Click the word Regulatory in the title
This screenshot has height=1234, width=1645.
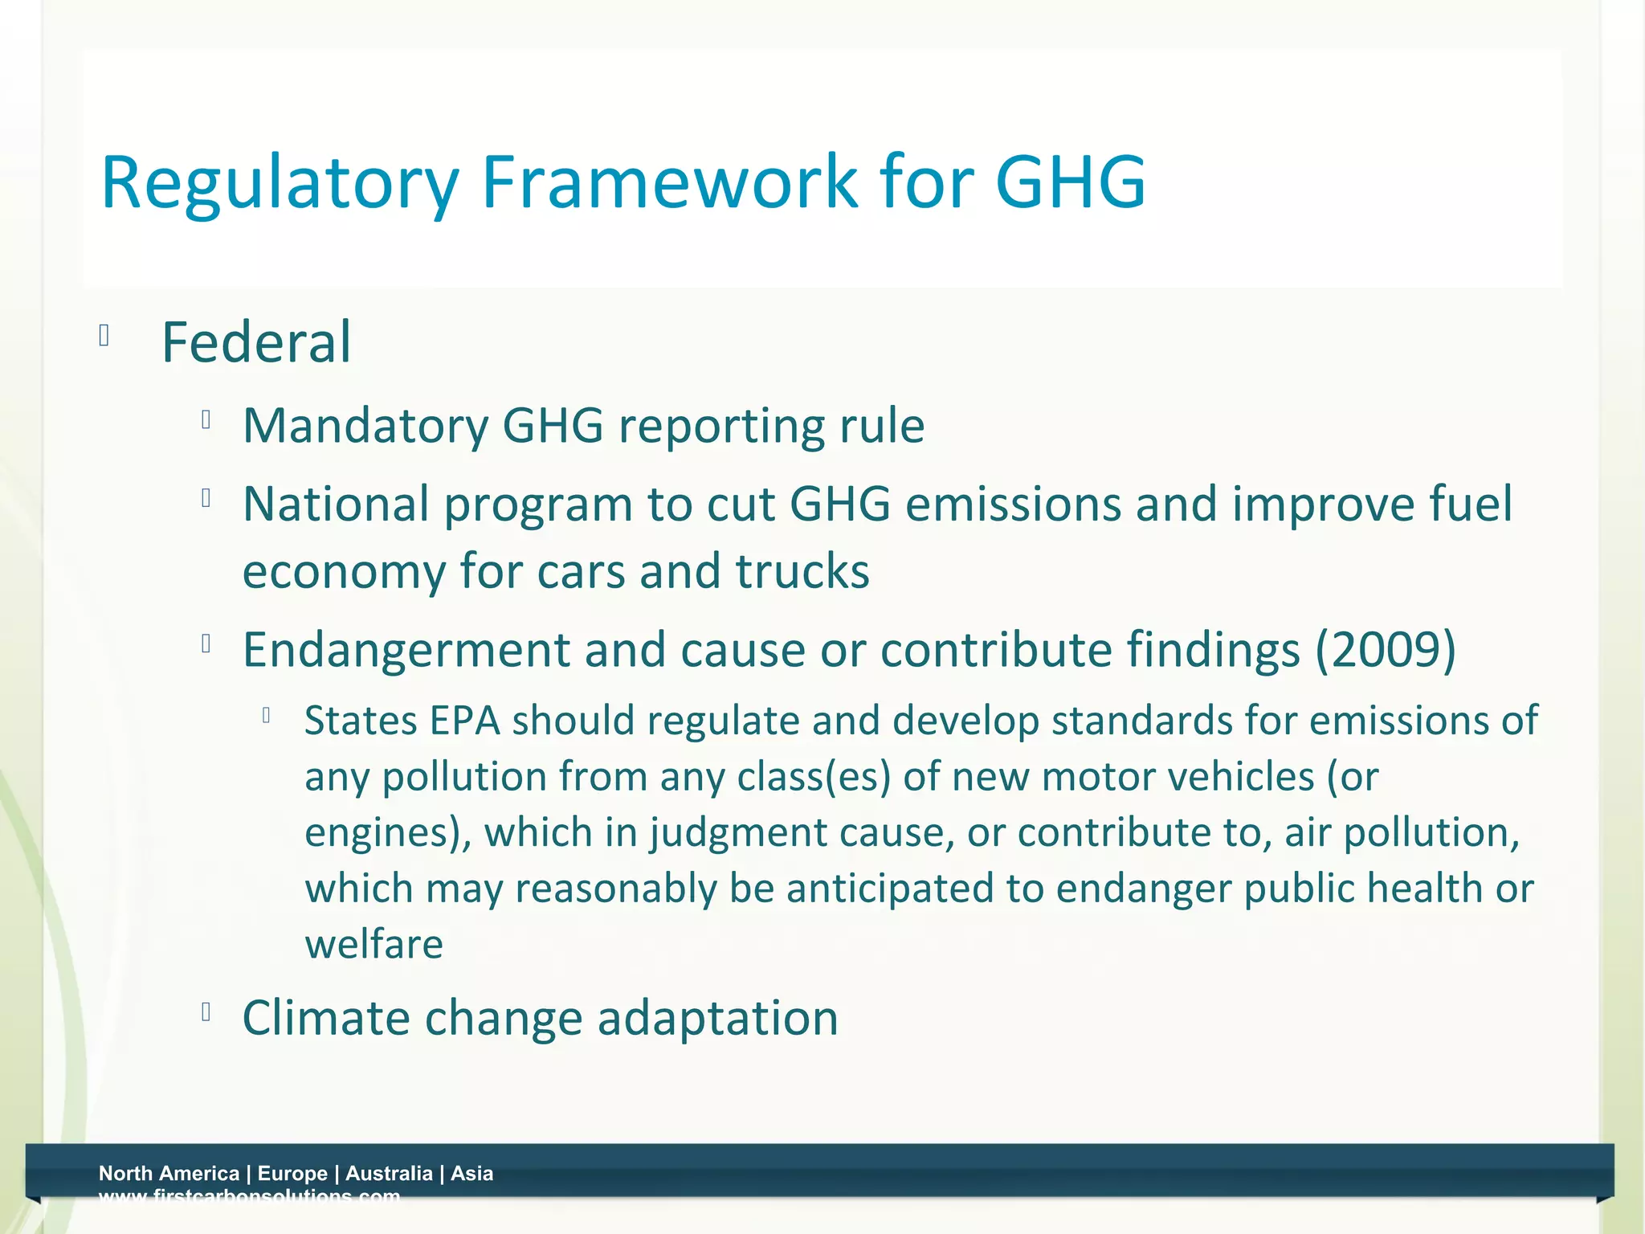point(280,183)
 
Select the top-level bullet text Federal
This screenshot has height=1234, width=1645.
point(256,343)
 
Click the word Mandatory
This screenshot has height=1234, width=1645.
point(365,425)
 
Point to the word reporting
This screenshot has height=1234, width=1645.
point(721,427)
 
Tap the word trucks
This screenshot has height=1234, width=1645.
point(802,571)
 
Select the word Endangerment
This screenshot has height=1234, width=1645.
point(406,650)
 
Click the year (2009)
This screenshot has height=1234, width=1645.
point(1385,649)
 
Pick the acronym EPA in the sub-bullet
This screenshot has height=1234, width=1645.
point(465,721)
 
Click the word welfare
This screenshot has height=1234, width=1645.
point(373,944)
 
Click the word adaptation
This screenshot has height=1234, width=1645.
point(718,1019)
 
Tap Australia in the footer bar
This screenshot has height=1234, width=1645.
point(389,1173)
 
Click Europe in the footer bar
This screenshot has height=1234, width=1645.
point(292,1173)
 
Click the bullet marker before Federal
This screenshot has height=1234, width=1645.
point(104,335)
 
